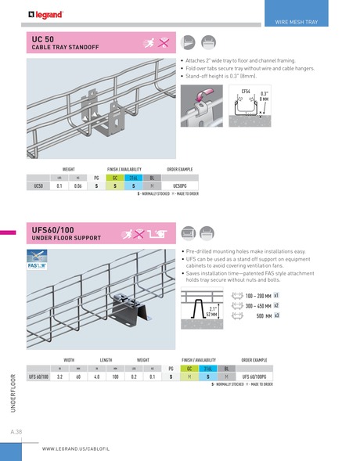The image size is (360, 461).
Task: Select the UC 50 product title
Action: click(43, 38)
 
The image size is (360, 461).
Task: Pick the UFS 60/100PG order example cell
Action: click(257, 376)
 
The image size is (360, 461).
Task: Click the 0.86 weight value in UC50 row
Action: click(77, 185)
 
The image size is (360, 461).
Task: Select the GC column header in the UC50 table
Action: click(115, 178)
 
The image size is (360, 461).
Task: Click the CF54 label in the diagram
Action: click(246, 92)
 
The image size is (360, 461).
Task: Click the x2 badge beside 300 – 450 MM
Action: click(277, 305)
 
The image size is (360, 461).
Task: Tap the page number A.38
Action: click(16, 432)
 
